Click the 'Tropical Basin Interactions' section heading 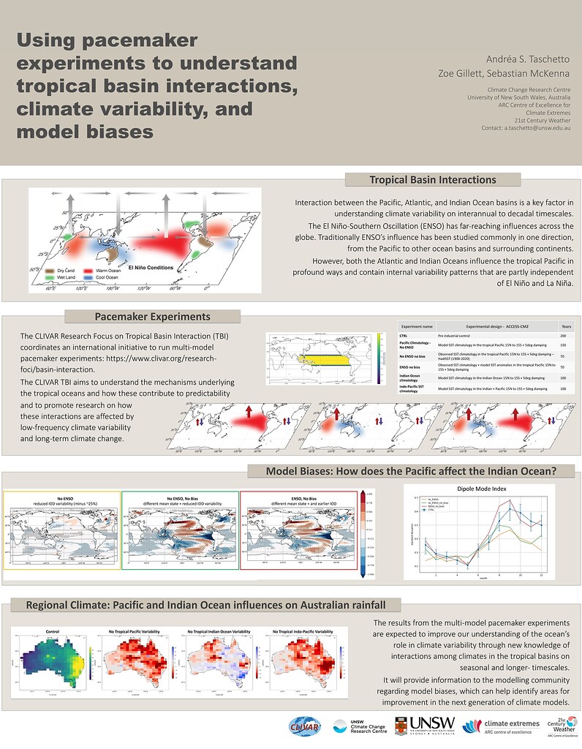[x=432, y=180]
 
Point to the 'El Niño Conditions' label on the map [x=151, y=268]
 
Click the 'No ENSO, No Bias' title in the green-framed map [x=179, y=496]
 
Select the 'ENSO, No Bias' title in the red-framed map [x=300, y=496]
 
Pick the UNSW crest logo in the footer [x=401, y=725]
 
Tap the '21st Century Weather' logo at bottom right [x=560, y=726]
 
